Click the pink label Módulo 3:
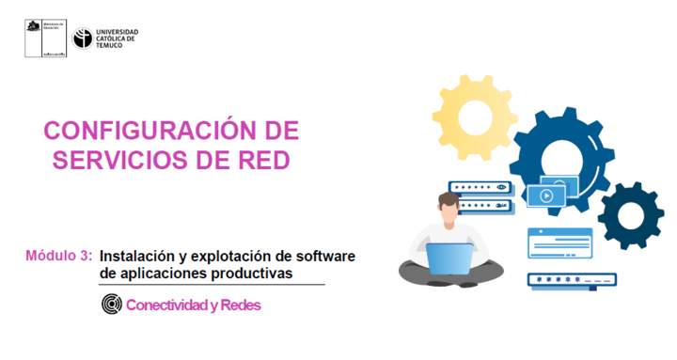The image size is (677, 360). pos(58,255)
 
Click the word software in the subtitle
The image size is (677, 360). pos(322,255)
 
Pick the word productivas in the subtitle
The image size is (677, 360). pos(254,273)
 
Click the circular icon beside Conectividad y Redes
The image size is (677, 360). pos(112,305)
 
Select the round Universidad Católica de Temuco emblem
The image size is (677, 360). pos(83,39)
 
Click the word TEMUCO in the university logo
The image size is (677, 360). pos(109,45)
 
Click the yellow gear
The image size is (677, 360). pos(474,117)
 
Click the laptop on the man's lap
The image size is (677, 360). pos(449,257)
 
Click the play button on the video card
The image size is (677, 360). pos(544,196)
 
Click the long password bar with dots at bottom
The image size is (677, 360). pos(571,280)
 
